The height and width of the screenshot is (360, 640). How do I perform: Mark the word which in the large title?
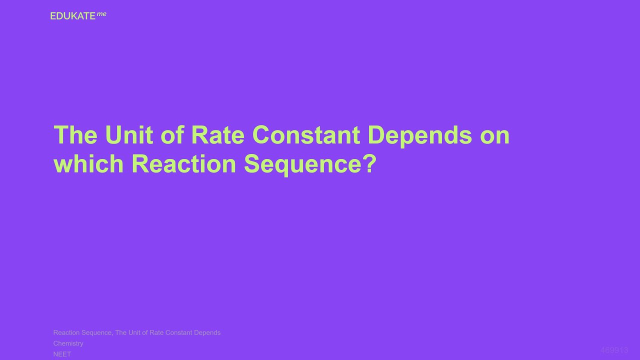(88, 163)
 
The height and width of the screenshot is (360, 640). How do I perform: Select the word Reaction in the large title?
(183, 163)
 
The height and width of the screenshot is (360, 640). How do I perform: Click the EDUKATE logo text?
(73, 16)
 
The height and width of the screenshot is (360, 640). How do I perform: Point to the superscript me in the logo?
(101, 14)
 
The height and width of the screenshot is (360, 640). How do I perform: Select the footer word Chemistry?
(68, 343)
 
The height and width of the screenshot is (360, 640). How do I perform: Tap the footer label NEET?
(62, 354)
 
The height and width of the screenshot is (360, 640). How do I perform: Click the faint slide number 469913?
(614, 350)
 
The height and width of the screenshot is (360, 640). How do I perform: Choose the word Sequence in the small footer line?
(98, 332)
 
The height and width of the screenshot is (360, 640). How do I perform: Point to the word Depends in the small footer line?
(207, 332)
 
